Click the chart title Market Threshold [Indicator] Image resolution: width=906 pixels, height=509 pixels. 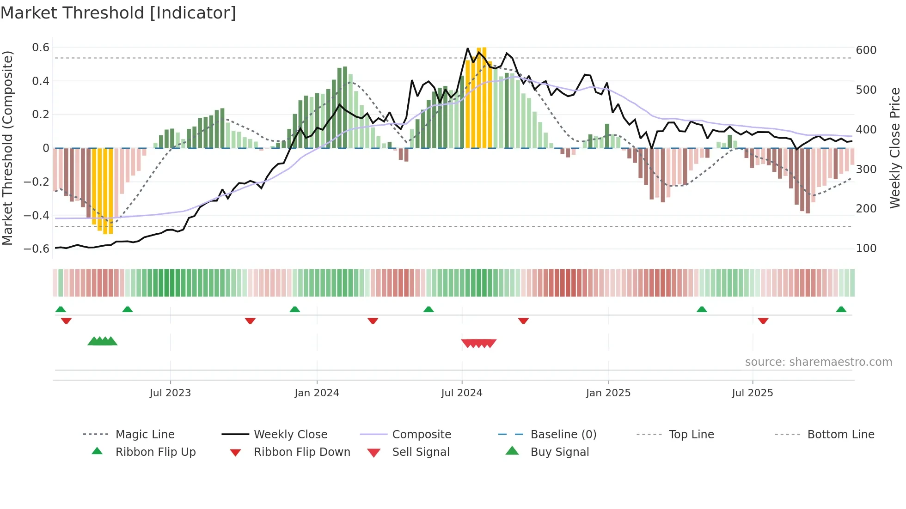coord(118,13)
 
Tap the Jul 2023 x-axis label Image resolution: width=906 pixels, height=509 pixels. coord(170,393)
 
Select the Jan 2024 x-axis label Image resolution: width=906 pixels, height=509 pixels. coord(317,393)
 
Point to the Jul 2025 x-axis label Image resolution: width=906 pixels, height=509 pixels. coord(752,393)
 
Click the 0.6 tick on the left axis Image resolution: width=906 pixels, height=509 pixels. coord(41,48)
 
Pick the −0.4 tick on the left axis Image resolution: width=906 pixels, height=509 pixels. coord(37,215)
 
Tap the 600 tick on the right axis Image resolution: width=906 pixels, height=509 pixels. coord(866,50)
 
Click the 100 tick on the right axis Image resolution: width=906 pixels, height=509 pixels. coord(866,248)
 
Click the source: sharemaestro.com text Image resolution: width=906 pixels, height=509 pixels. coord(818,362)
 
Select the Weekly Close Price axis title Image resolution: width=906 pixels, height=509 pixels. coord(895,148)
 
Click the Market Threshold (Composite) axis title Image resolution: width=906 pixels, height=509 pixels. coord(7,148)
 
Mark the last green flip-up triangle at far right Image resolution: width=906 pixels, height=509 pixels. coord(841,309)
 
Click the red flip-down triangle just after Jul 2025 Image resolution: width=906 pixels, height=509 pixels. coord(763,321)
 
